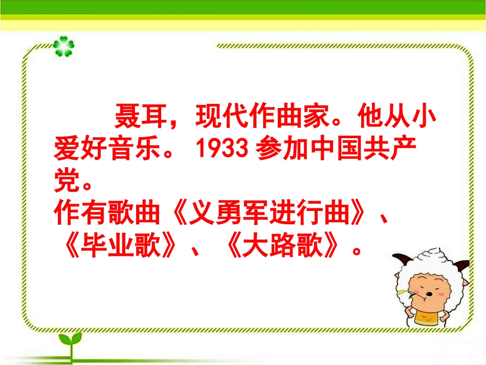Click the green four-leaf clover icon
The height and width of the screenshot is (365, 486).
point(63,46)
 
